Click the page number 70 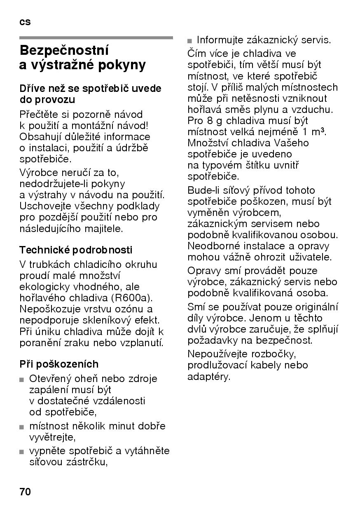(x=25, y=492)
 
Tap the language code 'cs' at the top (x=25, y=22)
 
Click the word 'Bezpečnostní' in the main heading (x=64, y=51)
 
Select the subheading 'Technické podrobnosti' (x=76, y=250)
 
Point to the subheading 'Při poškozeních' (x=59, y=364)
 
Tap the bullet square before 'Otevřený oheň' (x=22, y=380)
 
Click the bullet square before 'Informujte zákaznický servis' (x=190, y=41)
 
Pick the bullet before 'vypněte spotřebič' (x=22, y=452)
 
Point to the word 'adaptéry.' (x=208, y=376)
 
